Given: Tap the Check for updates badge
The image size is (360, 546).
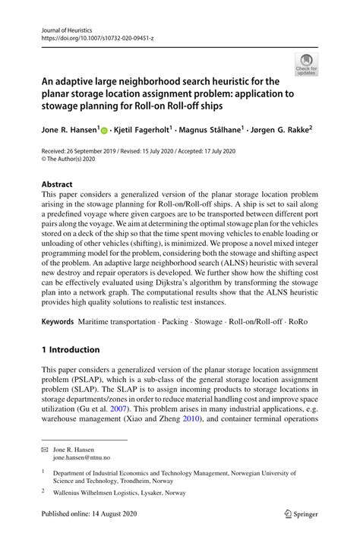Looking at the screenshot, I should pyautogui.click(x=306, y=65).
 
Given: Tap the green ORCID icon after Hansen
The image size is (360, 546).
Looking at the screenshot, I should pyautogui.click(x=103, y=131).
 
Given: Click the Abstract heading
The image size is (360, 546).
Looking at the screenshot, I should pyautogui.click(x=57, y=184).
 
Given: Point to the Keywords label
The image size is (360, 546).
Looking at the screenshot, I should pyautogui.click(x=58, y=323).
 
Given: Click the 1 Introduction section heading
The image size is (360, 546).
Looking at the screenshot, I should pyautogui.click(x=71, y=350).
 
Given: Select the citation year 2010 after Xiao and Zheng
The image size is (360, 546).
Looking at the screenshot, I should pyautogui.click(x=191, y=418).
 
